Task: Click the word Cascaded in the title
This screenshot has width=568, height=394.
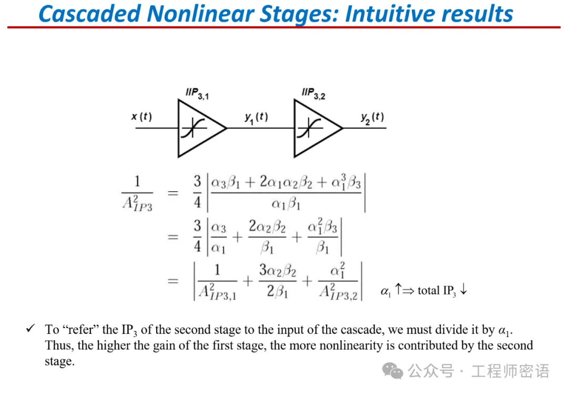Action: click(x=87, y=14)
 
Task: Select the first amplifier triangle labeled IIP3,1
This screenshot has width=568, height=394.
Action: click(x=199, y=128)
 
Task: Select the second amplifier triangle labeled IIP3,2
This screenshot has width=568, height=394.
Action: click(x=315, y=128)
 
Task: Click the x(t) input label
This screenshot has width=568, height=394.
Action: click(x=141, y=116)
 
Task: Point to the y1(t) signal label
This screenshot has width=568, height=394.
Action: click(x=256, y=117)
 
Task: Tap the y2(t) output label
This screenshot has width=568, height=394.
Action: click(x=372, y=117)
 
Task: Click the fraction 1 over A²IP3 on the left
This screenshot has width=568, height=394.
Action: click(x=137, y=193)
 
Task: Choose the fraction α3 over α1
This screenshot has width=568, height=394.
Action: click(x=218, y=237)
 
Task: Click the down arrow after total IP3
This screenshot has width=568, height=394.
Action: click(x=463, y=290)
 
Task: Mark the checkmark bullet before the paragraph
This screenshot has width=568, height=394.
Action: click(x=30, y=329)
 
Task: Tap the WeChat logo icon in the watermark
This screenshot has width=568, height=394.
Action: click(x=393, y=371)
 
